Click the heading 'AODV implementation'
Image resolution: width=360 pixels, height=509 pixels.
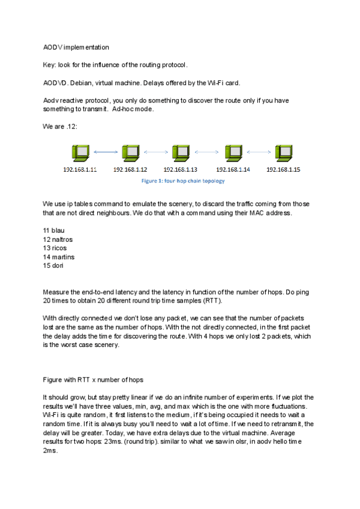click(x=76, y=47)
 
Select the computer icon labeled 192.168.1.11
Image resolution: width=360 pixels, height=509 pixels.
click(x=79, y=153)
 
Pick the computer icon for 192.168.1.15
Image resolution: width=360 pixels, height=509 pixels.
click(x=283, y=153)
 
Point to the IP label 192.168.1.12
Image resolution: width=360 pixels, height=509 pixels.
click(x=130, y=169)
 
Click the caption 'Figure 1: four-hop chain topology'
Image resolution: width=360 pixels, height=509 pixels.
click(x=182, y=180)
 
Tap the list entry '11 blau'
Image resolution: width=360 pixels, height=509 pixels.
click(x=53, y=230)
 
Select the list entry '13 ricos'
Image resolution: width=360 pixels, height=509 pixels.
click(x=55, y=248)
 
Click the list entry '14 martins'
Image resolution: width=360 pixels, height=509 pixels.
click(x=58, y=256)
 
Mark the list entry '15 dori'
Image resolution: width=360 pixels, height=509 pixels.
click(x=53, y=265)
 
